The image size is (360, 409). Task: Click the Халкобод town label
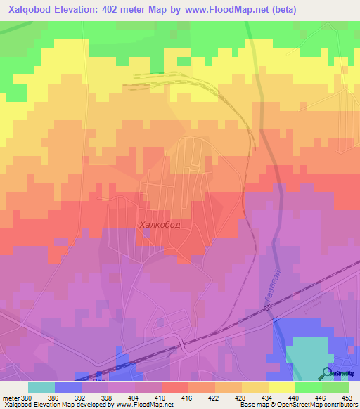[160, 224]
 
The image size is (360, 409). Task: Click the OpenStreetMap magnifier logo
[328, 373]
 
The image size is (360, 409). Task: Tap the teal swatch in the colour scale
[41, 387]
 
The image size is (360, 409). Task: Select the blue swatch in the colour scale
[68, 387]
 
